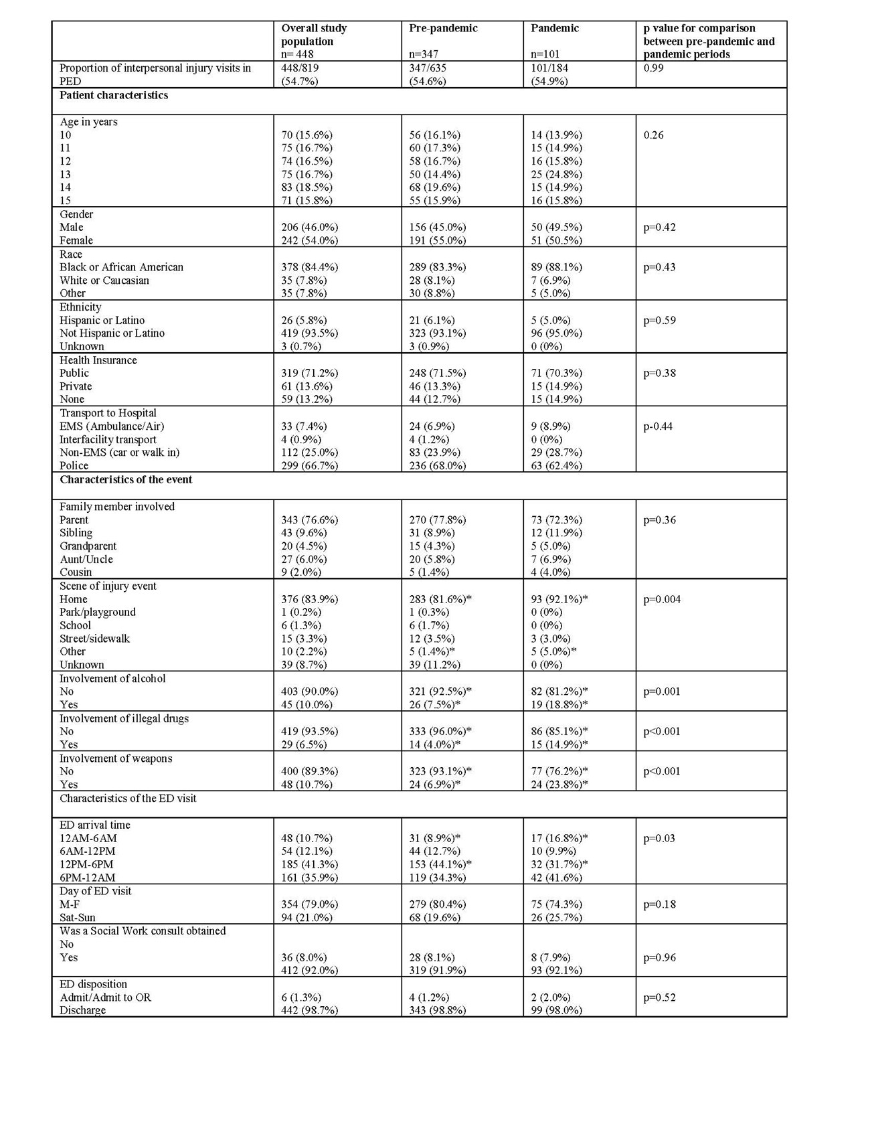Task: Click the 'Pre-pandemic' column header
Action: (x=443, y=28)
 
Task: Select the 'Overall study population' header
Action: (x=314, y=34)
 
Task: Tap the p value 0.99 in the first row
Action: (x=653, y=68)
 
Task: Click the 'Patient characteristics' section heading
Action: (x=114, y=95)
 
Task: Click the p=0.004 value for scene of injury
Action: (x=662, y=599)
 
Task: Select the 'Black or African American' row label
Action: (x=121, y=267)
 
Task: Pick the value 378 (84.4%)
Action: (x=309, y=267)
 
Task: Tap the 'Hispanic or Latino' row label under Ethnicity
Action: (x=102, y=320)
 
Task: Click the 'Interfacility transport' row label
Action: (x=108, y=439)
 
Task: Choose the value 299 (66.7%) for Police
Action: (x=309, y=465)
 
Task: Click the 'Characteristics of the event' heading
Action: (x=126, y=479)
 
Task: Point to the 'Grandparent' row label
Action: (x=88, y=546)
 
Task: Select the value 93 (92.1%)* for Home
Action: (x=559, y=599)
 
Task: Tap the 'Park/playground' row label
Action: (x=97, y=612)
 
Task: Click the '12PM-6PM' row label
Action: (x=86, y=864)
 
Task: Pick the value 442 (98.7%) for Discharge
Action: (x=309, y=1010)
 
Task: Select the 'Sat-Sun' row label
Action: (x=77, y=917)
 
